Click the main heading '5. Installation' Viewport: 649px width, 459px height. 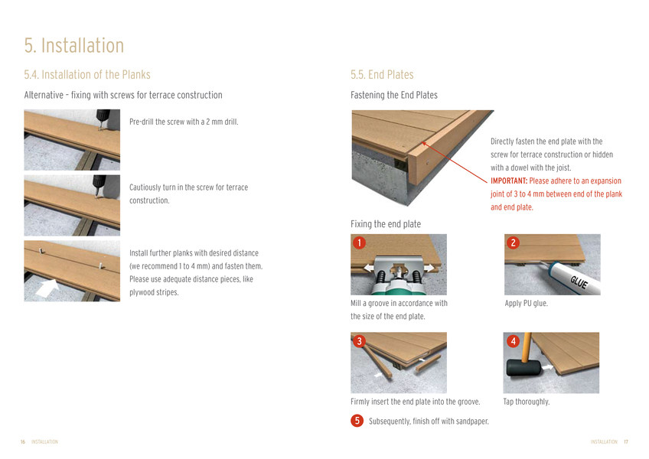tap(74, 45)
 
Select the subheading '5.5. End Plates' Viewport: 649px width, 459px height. tap(382, 74)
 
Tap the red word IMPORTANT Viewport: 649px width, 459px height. tap(509, 181)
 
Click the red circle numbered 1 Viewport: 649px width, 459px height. tap(359, 243)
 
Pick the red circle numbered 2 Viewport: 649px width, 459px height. tap(514, 243)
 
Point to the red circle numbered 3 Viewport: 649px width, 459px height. tap(359, 340)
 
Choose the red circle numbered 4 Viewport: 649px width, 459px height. tap(514, 340)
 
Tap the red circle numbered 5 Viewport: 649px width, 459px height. tap(357, 421)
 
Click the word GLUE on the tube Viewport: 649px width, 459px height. tap(579, 282)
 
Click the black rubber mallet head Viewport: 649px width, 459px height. tap(523, 367)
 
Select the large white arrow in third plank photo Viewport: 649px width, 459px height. tap(47, 287)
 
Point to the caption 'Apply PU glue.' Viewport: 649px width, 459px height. tap(526, 304)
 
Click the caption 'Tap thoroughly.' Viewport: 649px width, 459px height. tap(527, 402)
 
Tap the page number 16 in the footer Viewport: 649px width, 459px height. tap(23, 441)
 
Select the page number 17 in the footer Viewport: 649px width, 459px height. tap(626, 441)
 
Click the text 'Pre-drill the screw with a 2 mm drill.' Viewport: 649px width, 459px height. tap(184, 122)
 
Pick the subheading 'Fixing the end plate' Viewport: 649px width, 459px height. tap(386, 224)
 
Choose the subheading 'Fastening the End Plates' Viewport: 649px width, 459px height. tap(394, 95)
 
